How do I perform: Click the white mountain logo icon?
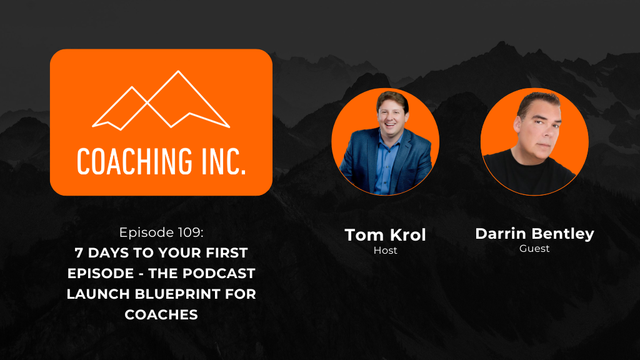pyautogui.click(x=161, y=101)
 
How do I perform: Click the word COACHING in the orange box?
pyautogui.click(x=135, y=162)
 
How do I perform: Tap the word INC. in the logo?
pyautogui.click(x=224, y=162)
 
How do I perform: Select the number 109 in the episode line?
pyautogui.click(x=191, y=232)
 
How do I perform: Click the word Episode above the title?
pyautogui.click(x=147, y=232)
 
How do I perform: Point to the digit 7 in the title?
pyautogui.click(x=79, y=253)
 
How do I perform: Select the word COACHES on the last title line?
pyautogui.click(x=161, y=315)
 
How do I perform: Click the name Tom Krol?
pyautogui.click(x=385, y=235)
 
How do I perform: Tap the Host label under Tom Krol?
pyautogui.click(x=385, y=250)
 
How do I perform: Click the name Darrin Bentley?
pyautogui.click(x=535, y=234)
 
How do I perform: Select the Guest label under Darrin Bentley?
pyautogui.click(x=534, y=248)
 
